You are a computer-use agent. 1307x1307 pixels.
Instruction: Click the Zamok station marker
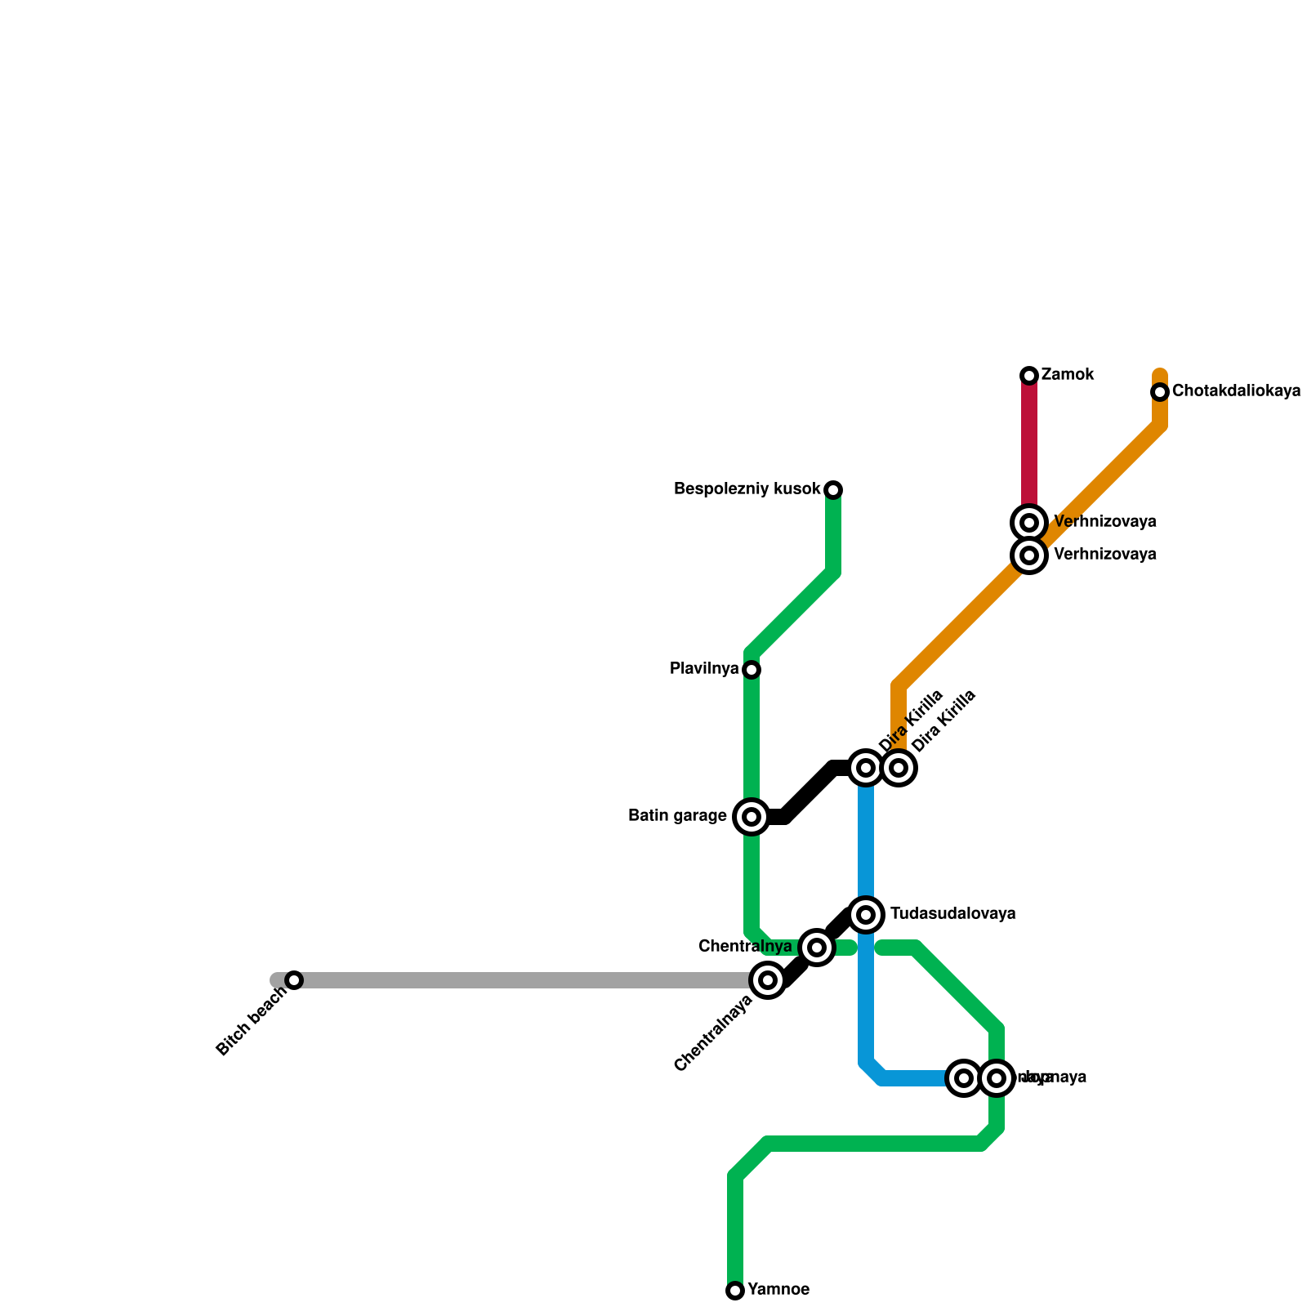point(1029,376)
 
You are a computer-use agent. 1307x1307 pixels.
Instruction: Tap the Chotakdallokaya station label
point(1236,392)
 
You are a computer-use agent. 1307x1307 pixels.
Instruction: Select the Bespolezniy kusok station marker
point(833,490)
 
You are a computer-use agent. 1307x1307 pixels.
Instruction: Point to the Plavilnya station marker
point(752,670)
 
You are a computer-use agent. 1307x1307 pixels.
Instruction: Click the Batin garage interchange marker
point(752,817)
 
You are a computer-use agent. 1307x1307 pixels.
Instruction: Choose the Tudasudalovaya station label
point(952,914)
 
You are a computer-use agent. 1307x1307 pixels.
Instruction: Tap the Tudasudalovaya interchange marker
point(866,914)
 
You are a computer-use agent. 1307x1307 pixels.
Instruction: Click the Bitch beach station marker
point(294,980)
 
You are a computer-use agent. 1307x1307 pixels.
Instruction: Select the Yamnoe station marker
point(735,1291)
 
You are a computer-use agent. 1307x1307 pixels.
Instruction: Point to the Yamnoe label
point(778,1291)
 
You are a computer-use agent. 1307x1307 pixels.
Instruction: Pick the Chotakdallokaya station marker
point(1160,393)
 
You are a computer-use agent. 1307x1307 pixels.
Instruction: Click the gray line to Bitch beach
point(523,980)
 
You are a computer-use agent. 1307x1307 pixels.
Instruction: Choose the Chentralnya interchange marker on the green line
point(816,948)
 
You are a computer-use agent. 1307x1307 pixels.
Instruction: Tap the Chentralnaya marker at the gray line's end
point(768,980)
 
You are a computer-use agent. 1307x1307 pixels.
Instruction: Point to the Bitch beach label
point(252,1021)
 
